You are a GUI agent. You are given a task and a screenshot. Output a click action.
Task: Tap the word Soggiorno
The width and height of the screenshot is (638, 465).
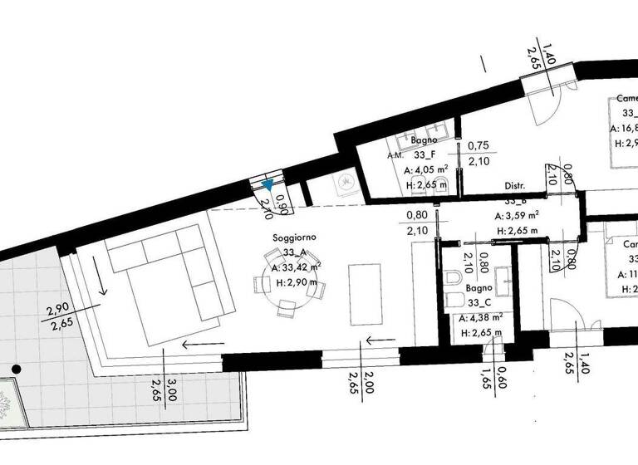coord(295,237)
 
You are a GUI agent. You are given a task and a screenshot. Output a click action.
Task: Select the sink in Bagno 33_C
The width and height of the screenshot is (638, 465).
coord(504,277)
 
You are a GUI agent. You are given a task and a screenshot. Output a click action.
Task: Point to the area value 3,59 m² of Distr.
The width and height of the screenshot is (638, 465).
coord(518,215)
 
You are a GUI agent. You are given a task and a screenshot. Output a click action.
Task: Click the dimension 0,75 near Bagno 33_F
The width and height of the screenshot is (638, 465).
coord(478,145)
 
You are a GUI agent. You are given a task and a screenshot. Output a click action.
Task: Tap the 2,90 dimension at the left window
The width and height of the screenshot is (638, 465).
coord(57,310)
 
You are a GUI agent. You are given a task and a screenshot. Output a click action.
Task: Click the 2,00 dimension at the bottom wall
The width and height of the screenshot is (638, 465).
coord(370,383)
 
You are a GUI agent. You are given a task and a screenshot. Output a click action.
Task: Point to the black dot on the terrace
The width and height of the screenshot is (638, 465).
coord(16,369)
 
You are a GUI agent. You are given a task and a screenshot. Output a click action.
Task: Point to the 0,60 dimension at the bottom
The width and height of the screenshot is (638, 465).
coord(503,378)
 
